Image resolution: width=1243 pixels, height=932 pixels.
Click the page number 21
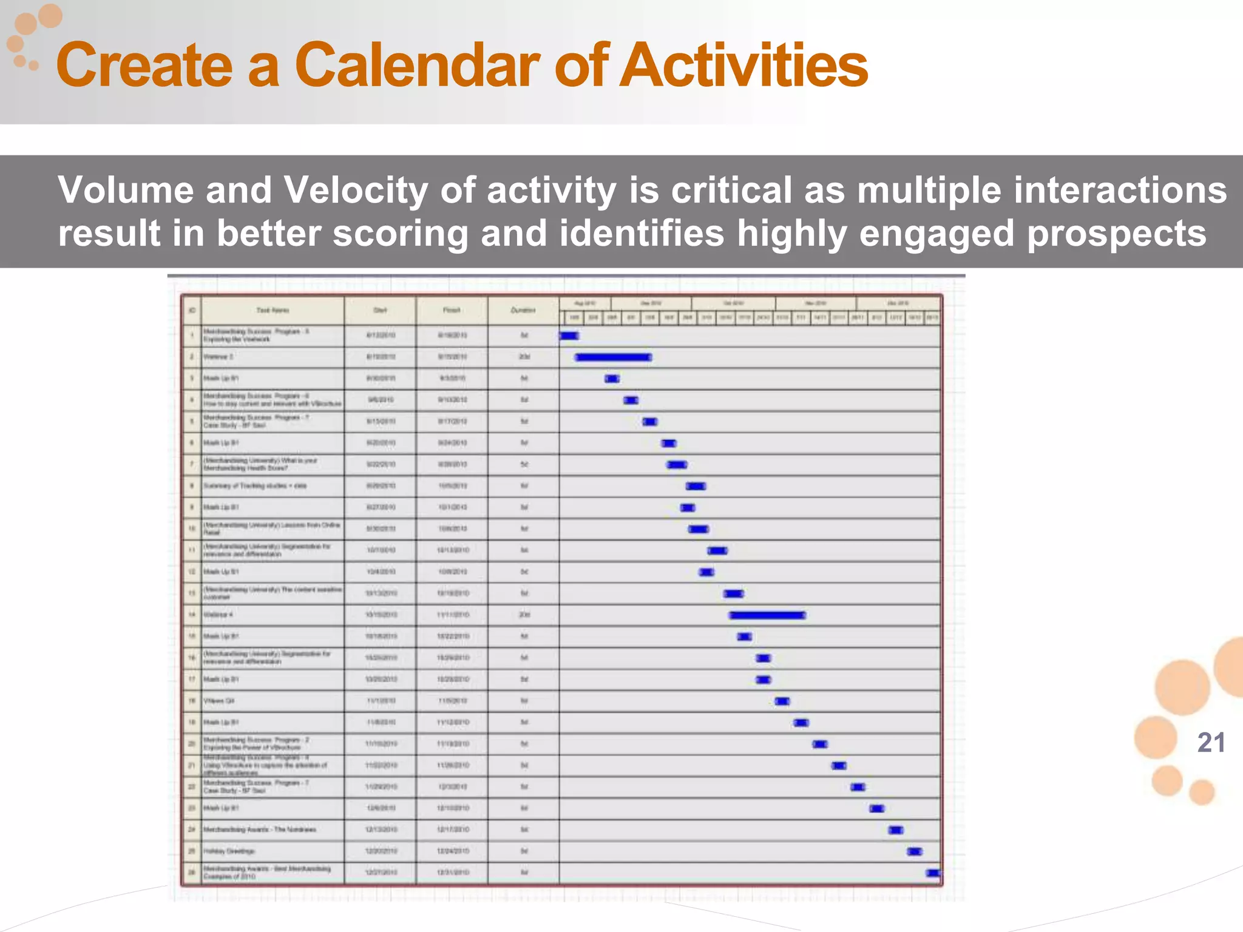[x=1211, y=743]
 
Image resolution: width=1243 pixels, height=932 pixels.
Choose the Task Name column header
[x=273, y=310]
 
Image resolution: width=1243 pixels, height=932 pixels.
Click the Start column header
[x=380, y=310]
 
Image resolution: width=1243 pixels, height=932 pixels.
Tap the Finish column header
[x=452, y=310]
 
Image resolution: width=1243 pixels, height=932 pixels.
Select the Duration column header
[x=523, y=310]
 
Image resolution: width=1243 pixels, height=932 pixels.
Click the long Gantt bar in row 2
[x=613, y=357]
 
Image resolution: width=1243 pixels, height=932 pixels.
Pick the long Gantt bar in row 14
[x=767, y=615]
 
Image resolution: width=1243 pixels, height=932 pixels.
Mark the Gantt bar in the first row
[x=569, y=336]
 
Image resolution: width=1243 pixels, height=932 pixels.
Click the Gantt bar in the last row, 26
[x=933, y=873]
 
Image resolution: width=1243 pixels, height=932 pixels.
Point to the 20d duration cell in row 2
[x=524, y=357]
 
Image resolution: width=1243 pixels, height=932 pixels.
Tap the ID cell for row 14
[x=192, y=615]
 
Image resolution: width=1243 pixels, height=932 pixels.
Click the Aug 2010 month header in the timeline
[x=585, y=303]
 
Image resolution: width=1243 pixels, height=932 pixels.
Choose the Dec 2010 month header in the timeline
[x=898, y=303]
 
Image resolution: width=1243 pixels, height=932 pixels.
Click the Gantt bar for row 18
[x=782, y=701]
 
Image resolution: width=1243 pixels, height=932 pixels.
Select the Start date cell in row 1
[x=381, y=336]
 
